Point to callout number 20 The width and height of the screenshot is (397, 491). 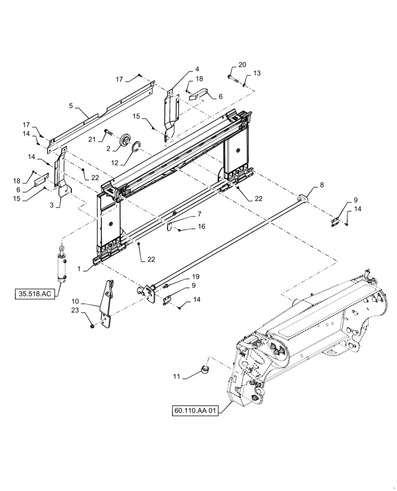pyautogui.click(x=242, y=65)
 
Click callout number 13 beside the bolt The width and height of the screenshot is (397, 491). pyautogui.click(x=257, y=73)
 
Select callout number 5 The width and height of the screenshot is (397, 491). pyautogui.click(x=71, y=106)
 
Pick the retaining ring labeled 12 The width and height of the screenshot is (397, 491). pyautogui.click(x=136, y=147)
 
